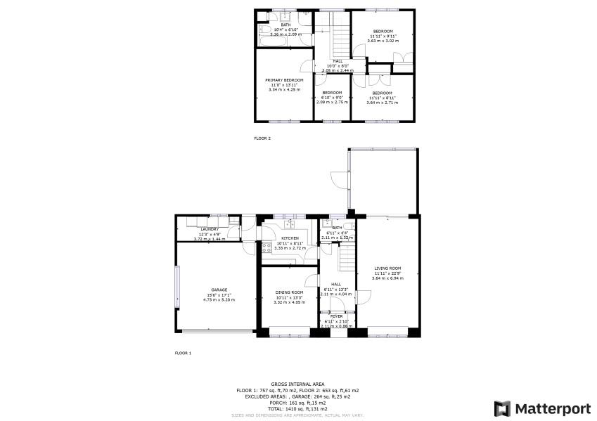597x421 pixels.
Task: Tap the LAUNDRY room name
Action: [210, 229]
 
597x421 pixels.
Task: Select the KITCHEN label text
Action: [290, 238]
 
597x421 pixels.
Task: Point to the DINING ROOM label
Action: [289, 292]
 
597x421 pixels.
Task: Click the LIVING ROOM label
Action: [387, 268]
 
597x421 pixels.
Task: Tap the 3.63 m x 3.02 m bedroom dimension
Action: [383, 40]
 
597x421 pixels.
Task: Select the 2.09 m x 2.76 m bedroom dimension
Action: [332, 103]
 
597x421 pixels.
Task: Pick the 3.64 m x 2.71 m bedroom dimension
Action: [382, 103]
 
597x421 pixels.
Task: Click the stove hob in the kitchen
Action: [267, 247]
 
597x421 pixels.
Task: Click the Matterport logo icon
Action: [502, 408]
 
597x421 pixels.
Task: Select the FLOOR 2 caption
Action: [262, 138]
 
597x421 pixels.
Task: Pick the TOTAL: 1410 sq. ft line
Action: [297, 408]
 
